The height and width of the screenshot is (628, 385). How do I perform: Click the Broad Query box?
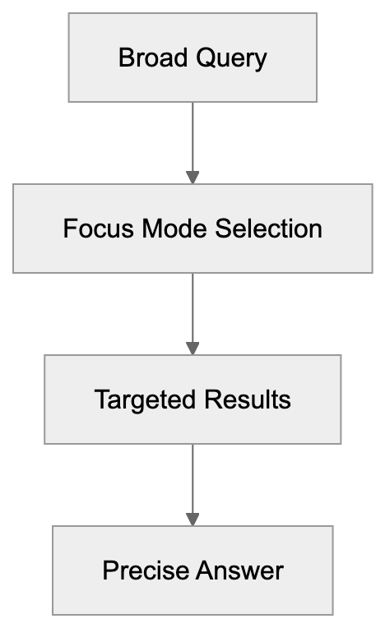192,58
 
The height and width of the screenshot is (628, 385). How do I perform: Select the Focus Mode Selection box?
192,229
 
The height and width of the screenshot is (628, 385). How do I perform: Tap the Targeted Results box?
192,399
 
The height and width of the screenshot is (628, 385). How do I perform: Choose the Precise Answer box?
192,570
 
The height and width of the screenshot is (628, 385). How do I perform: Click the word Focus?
91,229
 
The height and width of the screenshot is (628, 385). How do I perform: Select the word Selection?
269,229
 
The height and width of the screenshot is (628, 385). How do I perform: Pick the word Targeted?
136,399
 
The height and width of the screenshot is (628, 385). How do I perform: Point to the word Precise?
141,570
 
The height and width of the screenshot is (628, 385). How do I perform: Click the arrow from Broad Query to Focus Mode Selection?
192,140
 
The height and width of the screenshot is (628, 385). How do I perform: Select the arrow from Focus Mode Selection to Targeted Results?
192,311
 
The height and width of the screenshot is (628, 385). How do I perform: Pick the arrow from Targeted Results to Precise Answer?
192,482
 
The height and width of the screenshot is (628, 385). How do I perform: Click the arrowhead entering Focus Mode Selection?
192,177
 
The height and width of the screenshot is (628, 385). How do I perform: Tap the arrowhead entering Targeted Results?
192,348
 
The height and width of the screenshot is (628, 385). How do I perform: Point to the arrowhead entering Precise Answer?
192,519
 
